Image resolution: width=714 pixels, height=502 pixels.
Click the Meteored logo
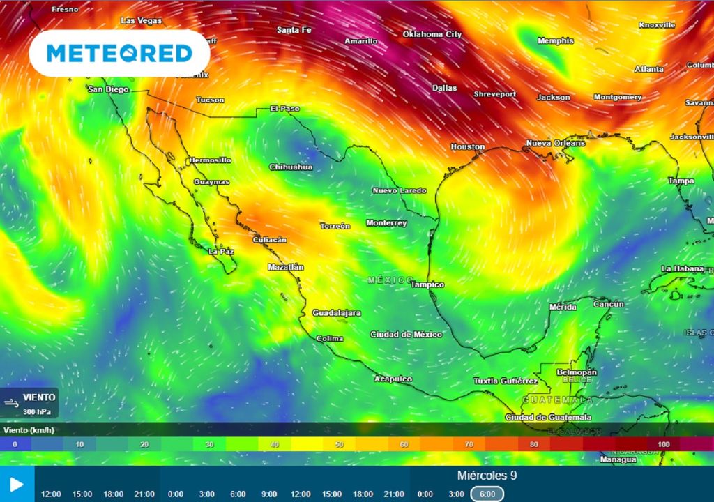119,53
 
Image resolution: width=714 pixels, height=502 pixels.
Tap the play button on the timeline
17,485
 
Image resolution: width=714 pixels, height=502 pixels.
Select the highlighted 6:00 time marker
488,494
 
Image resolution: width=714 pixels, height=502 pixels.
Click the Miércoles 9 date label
487,476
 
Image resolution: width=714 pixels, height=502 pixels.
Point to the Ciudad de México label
406,335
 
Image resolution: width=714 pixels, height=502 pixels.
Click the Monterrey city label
386,223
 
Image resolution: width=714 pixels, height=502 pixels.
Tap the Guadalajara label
336,312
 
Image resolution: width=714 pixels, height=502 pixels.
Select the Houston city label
467,147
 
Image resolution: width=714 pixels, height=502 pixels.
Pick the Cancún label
608,305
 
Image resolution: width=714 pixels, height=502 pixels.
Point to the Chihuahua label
291,167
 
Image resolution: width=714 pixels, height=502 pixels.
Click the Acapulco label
393,379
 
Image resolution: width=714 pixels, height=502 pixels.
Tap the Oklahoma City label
432,34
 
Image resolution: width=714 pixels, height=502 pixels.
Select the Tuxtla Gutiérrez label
506,381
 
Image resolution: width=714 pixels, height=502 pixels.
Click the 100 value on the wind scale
663,444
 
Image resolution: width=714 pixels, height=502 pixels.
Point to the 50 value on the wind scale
339,444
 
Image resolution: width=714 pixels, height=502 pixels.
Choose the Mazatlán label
286,267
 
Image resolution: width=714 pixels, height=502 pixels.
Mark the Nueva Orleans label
555,143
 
